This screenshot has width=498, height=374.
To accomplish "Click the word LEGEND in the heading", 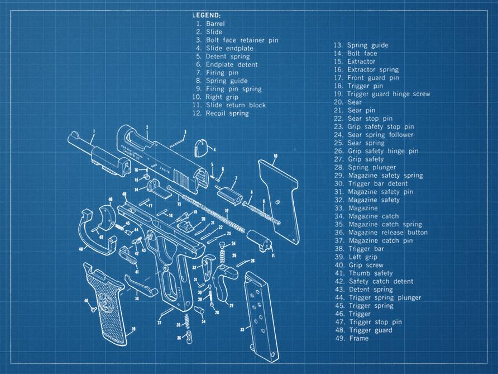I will click(206, 15).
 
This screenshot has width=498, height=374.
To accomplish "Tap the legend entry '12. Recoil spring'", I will click(221, 113).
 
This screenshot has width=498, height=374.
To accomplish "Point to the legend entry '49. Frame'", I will click(351, 338).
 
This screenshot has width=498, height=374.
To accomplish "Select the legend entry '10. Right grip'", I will click(214, 97).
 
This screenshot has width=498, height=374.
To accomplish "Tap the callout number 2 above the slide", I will click(147, 127).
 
